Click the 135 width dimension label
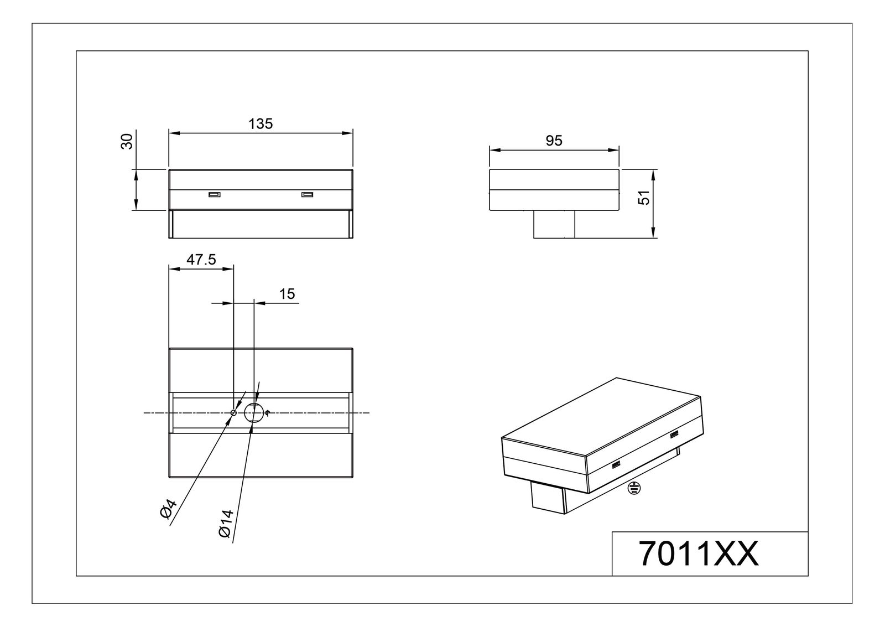click(x=261, y=124)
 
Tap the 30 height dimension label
click(x=127, y=142)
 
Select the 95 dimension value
click(x=554, y=141)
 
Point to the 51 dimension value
click(x=643, y=198)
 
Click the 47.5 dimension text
click(x=201, y=260)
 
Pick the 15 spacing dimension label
click(x=287, y=294)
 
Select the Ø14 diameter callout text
click(x=227, y=523)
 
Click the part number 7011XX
click(x=699, y=553)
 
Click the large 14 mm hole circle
click(x=254, y=413)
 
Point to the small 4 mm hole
click(x=233, y=413)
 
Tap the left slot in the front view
click(x=214, y=194)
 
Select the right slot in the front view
click(x=307, y=194)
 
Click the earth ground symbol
click(x=634, y=488)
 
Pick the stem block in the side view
click(x=554, y=224)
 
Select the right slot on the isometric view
click(x=674, y=436)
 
